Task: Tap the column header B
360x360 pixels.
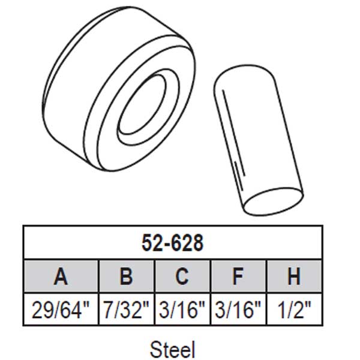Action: pos(125,277)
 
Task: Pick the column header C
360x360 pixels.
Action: pos(182,277)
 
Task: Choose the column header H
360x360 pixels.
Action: pos(294,277)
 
